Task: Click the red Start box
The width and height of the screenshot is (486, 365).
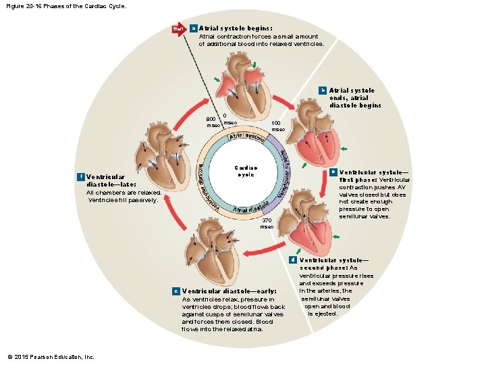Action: [179, 29]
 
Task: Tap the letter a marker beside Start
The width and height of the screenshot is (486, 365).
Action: [194, 28]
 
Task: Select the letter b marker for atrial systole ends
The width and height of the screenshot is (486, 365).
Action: [323, 90]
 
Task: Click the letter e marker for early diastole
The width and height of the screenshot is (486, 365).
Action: [176, 291]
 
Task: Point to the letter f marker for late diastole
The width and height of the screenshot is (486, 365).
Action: [81, 177]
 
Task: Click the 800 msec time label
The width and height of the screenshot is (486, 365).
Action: [213, 122]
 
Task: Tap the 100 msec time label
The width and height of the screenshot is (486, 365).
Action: [277, 126]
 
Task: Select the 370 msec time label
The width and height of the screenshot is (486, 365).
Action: [267, 223]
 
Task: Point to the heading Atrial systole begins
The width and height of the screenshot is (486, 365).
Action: [226, 28]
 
